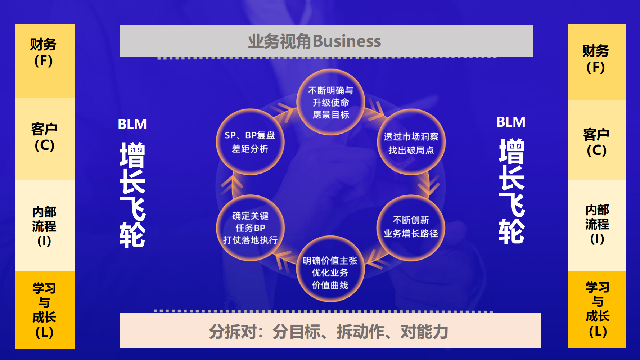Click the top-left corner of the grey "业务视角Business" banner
tap(120, 25)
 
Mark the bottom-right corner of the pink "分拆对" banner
tap(541, 348)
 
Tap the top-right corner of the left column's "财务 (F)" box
tap(75, 24)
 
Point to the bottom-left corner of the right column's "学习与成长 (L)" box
tap(568, 348)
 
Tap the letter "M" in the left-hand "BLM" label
tap(141, 124)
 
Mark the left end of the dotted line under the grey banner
tap(158, 58)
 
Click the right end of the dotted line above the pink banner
tap(492, 311)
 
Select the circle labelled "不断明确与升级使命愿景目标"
tap(330, 102)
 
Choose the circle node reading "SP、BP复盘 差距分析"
tap(250, 142)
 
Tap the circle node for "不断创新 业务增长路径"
tap(411, 228)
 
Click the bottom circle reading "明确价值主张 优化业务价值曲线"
tap(330, 269)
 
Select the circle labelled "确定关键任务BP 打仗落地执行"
tap(251, 228)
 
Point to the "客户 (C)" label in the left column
tap(44, 137)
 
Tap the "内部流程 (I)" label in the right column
tap(597, 224)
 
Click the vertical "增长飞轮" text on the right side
tap(511, 191)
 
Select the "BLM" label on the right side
tap(511, 122)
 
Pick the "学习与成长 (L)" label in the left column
tap(44, 310)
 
